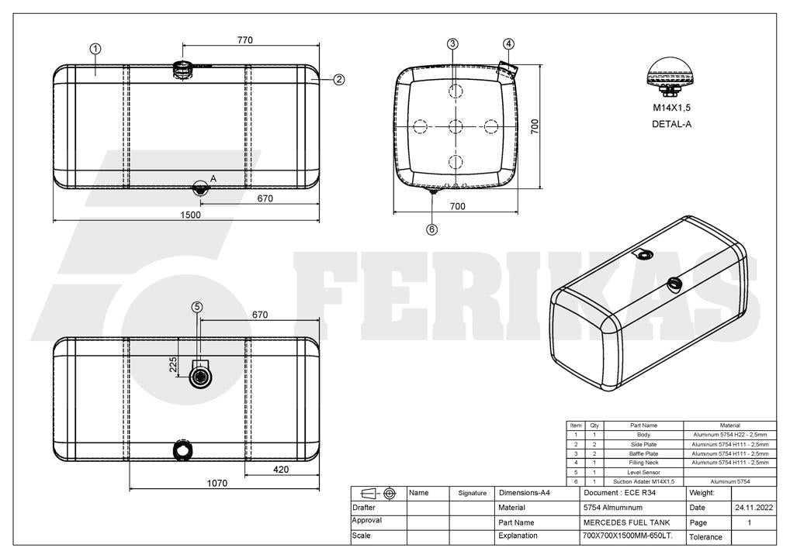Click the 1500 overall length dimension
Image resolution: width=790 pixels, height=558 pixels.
tap(190, 215)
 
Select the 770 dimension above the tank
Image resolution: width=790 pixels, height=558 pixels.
tap(245, 40)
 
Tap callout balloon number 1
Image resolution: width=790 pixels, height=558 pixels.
tap(95, 49)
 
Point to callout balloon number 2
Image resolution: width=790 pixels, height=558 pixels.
tap(339, 79)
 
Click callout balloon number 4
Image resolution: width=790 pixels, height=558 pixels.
tap(508, 43)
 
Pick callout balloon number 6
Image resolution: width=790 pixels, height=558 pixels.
tap(431, 229)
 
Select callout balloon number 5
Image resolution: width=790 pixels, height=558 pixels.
tap(197, 307)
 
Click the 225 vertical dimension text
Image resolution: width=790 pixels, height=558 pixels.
tap(173, 365)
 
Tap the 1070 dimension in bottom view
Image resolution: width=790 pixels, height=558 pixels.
tap(217, 483)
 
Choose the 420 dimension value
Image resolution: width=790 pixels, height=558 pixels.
tap(281, 470)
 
